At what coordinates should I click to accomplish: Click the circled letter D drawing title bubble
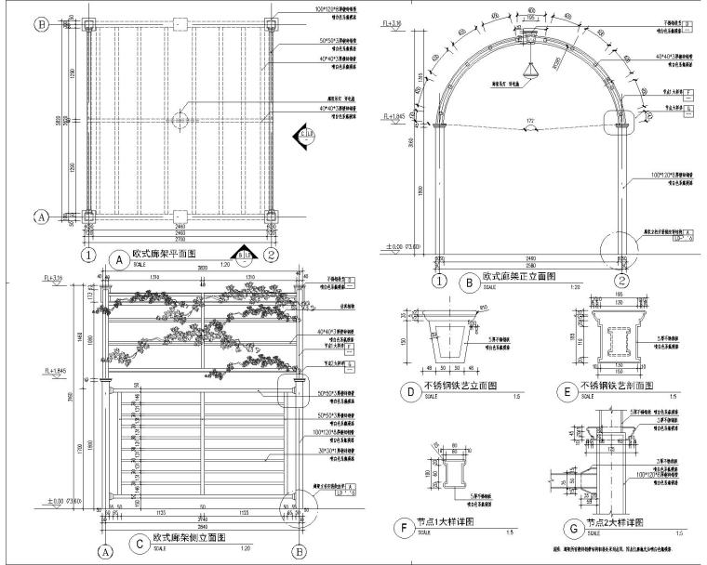[408, 391]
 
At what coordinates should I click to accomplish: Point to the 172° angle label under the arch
[530, 122]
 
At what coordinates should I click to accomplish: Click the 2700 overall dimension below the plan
[179, 240]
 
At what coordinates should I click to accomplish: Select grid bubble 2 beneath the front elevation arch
[620, 281]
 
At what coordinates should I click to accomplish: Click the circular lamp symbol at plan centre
[180, 120]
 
